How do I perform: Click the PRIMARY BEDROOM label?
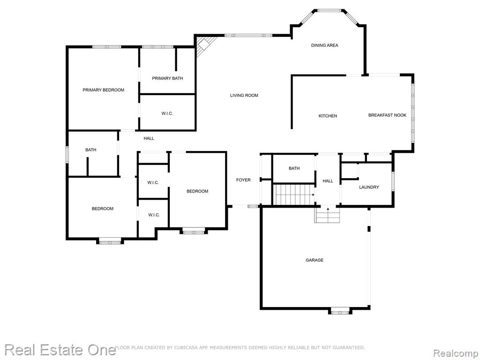pos(104,90)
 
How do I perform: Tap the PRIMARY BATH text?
pos(167,78)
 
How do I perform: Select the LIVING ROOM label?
pos(244,96)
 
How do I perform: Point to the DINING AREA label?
pos(324,45)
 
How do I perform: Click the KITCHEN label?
pos(328,116)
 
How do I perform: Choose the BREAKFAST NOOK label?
pos(387,115)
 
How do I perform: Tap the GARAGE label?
pos(315,260)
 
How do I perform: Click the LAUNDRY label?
pos(369,187)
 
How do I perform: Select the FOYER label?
pos(243,180)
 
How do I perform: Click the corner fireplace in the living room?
pos(204,45)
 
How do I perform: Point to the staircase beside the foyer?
pos(294,195)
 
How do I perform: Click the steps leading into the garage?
pos(328,215)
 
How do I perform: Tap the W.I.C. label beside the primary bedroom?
pos(167,113)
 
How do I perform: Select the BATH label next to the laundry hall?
pos(294,168)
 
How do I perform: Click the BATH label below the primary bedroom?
pos(90,150)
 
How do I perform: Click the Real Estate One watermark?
pos(60,350)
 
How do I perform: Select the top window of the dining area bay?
pos(329,11)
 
